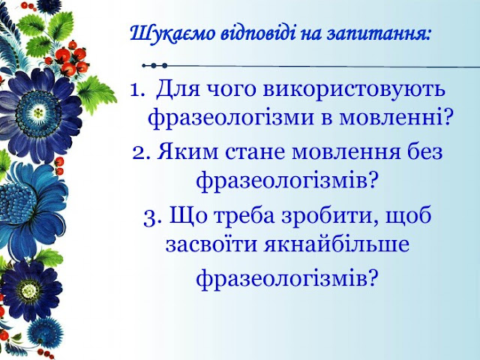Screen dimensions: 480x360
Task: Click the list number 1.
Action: click(136, 91)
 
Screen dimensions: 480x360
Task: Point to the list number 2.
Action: click(141, 153)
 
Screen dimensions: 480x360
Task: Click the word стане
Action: click(255, 152)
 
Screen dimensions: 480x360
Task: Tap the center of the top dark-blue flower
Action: click(38, 112)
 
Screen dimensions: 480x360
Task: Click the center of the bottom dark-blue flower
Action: click(29, 289)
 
